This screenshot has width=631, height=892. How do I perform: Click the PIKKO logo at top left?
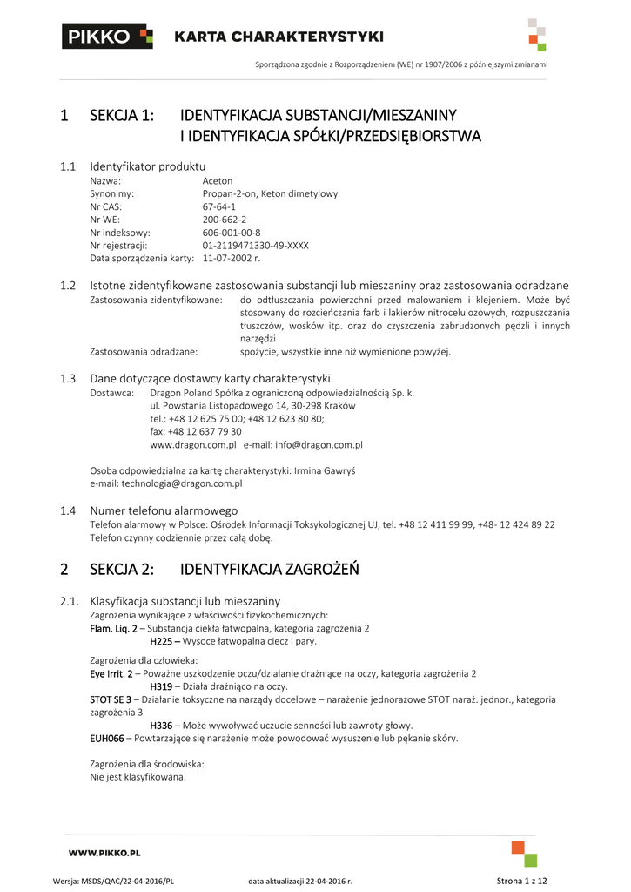(107, 37)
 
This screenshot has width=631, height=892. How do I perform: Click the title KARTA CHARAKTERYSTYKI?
(279, 37)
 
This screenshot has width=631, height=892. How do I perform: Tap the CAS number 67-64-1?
(218, 206)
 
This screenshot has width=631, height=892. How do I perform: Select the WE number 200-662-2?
(224, 220)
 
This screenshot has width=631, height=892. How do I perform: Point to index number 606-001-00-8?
(232, 233)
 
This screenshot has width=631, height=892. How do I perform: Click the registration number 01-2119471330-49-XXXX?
(255, 246)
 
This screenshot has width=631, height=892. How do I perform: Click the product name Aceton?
(217, 180)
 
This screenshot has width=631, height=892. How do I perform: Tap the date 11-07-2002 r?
(232, 259)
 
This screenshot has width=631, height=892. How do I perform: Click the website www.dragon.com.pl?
(193, 444)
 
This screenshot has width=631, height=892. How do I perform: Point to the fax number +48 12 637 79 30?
(196, 431)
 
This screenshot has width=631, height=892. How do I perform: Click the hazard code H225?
(161, 641)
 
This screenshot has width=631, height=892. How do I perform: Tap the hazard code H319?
(161, 686)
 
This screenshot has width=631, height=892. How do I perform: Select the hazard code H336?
(161, 726)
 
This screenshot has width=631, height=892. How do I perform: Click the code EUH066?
(107, 738)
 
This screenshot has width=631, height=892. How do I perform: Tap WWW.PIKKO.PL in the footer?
(104, 853)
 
